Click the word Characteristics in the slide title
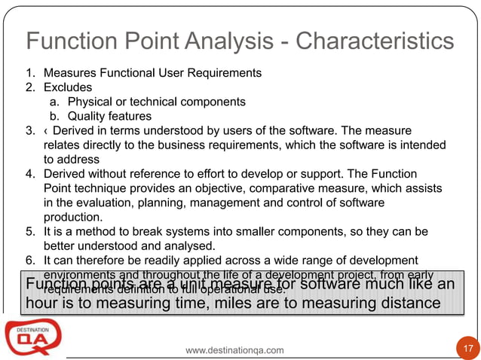click(375, 42)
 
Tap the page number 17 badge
click(467, 349)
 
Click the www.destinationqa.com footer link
click(235, 350)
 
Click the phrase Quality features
click(99, 116)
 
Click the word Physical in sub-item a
click(89, 102)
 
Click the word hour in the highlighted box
click(42, 304)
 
